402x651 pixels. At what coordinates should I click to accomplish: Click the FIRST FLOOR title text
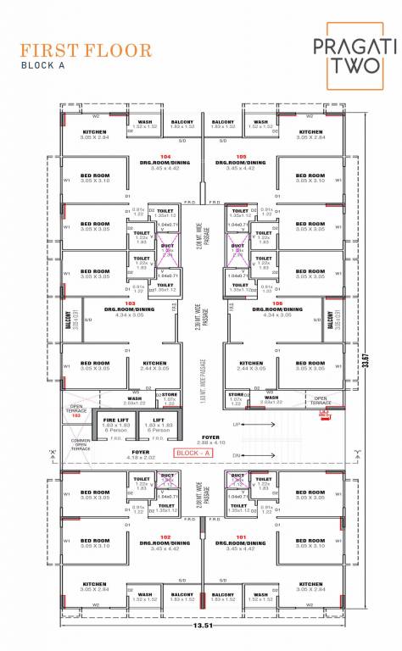pyautogui.click(x=87, y=50)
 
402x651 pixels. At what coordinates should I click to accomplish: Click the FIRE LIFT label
pyautogui.click(x=115, y=420)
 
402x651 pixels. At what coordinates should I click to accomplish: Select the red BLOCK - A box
pyautogui.click(x=194, y=453)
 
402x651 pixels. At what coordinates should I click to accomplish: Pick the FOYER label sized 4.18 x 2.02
pyautogui.click(x=141, y=456)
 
